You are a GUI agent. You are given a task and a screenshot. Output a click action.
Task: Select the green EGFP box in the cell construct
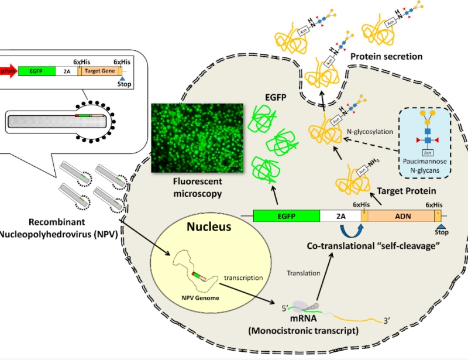[286, 215]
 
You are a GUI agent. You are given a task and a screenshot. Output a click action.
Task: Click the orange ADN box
[403, 215]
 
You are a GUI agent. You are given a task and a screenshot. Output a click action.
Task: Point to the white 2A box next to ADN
[340, 215]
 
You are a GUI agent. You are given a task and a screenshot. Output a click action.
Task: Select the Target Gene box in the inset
[100, 71]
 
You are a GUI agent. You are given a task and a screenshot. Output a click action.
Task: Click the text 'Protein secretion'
[386, 56]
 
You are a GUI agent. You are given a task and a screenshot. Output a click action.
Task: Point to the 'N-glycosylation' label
[369, 132]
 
